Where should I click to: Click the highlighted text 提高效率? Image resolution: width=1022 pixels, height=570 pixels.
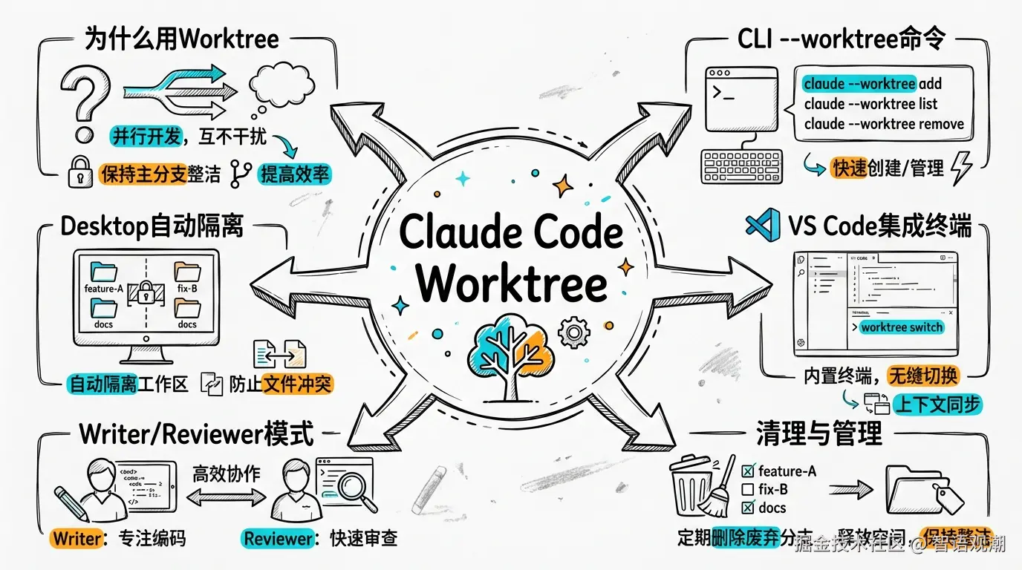294,174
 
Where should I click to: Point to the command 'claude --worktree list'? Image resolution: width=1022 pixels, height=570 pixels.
870,104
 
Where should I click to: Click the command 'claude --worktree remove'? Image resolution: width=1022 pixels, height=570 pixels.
883,124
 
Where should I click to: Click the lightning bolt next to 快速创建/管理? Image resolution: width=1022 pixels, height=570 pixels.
962,167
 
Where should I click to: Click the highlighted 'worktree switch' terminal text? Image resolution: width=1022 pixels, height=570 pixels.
901,327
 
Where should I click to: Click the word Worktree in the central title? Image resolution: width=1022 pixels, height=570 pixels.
512,283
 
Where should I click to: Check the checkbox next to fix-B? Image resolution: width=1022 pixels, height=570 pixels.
749,489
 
